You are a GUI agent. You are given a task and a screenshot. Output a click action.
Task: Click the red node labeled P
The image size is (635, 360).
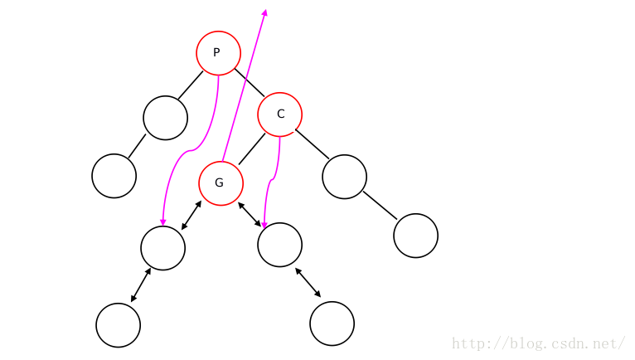point(218,53)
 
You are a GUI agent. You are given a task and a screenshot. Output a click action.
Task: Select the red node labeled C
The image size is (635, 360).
point(279,114)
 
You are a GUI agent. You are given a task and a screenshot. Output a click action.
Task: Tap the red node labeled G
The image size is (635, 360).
point(221,183)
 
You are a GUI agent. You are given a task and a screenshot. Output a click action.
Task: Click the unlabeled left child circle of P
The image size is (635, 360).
point(165,118)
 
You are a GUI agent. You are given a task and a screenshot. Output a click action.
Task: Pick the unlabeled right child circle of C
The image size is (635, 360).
point(344,177)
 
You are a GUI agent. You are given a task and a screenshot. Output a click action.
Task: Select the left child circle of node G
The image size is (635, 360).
point(162,247)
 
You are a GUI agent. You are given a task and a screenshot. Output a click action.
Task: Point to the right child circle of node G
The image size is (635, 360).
point(279,245)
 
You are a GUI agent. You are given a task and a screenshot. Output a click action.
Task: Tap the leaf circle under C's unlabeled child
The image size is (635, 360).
point(415,236)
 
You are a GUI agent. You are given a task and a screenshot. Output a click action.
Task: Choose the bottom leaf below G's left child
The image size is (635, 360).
point(118,325)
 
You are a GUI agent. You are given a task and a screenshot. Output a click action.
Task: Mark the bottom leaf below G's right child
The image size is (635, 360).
point(332,324)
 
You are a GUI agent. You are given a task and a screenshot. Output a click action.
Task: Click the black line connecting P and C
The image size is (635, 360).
point(250,83)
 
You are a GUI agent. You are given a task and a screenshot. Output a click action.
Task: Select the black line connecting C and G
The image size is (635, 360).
point(252,148)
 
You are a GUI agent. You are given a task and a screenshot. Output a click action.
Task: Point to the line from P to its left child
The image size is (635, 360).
point(190,85)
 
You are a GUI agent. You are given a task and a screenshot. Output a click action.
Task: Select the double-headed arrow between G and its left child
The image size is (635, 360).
point(191,216)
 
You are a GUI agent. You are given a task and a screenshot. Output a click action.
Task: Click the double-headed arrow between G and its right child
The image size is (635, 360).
point(250,214)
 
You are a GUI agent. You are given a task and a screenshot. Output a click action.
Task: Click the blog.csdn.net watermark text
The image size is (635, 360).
point(538,343)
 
